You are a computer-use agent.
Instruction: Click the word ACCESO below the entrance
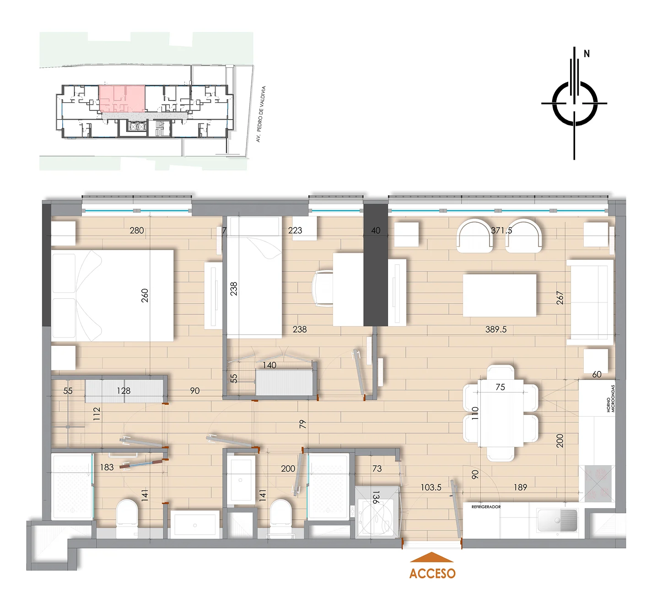(x=432, y=573)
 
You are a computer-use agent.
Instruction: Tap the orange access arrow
(x=432, y=557)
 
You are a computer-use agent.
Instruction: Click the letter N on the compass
(x=587, y=54)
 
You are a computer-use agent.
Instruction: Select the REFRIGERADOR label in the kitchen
(x=486, y=506)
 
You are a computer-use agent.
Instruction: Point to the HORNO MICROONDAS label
(x=611, y=398)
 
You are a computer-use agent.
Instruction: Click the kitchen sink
(x=557, y=521)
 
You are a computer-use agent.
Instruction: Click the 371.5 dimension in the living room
(x=501, y=231)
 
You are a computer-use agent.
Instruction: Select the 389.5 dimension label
(x=495, y=329)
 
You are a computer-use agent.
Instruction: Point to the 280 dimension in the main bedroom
(x=137, y=231)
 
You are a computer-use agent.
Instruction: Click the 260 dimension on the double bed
(x=145, y=296)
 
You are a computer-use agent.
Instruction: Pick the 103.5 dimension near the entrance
(x=431, y=487)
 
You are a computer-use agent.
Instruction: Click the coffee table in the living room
(x=500, y=296)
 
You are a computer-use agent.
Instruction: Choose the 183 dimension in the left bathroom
(x=107, y=467)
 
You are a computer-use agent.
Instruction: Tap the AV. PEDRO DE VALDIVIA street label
(x=261, y=114)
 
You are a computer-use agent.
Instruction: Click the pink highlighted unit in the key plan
(x=122, y=98)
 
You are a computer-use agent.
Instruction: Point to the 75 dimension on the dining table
(x=501, y=387)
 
